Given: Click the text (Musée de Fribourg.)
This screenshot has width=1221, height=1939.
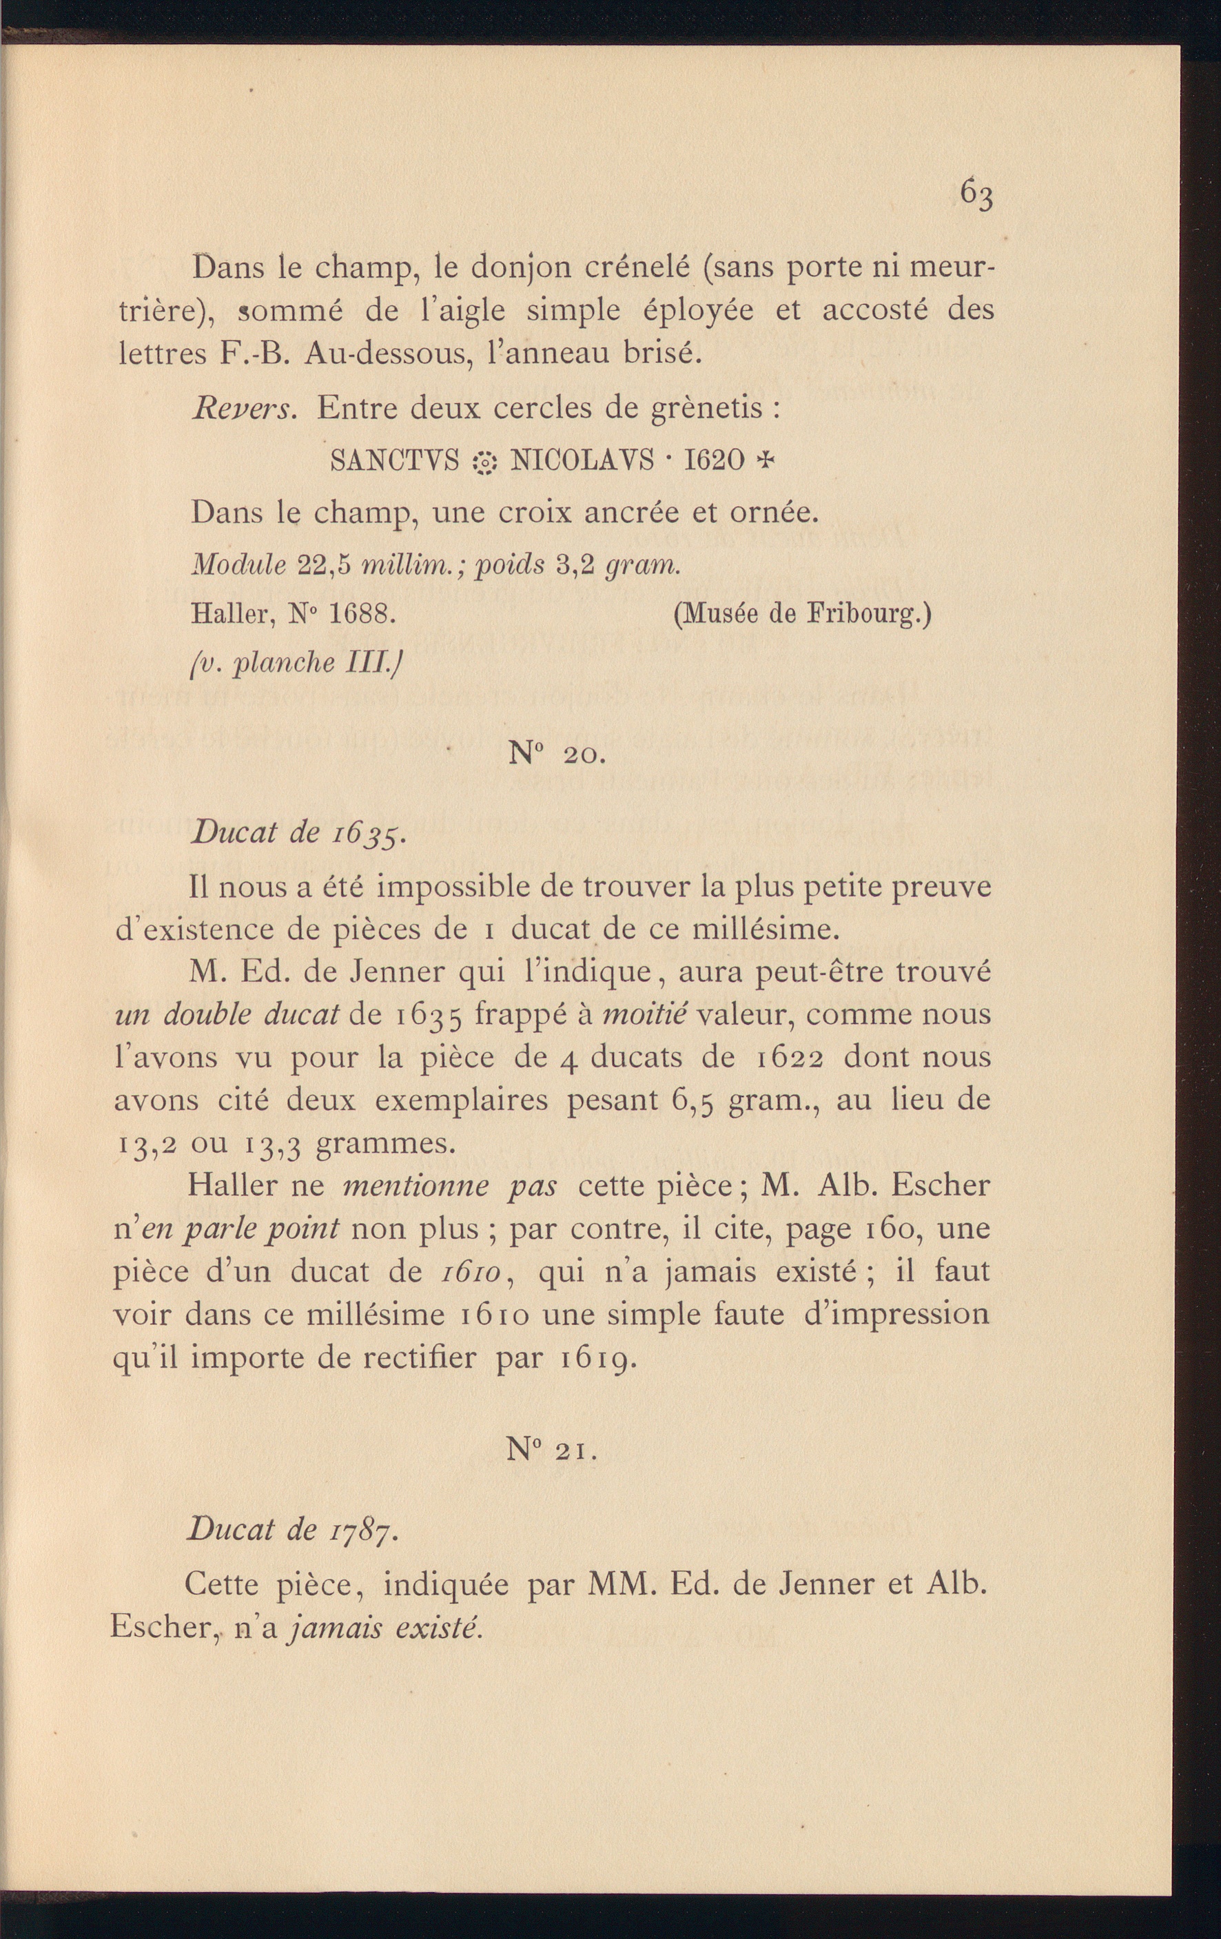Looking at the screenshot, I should tap(801, 615).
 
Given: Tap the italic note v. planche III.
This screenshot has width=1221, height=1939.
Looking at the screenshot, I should tap(296, 663).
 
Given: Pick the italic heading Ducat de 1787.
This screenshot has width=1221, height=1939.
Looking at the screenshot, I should tap(293, 1528).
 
